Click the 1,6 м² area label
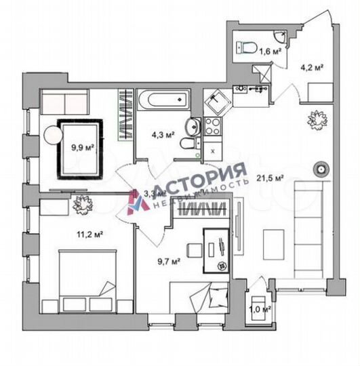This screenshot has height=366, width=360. [273, 49]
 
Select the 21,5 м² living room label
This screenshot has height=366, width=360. [269, 179]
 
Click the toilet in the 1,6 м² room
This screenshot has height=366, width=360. [245, 47]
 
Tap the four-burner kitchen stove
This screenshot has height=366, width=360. [212, 126]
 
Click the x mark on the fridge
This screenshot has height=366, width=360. [213, 150]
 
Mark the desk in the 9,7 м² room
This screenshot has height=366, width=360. [217, 244]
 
